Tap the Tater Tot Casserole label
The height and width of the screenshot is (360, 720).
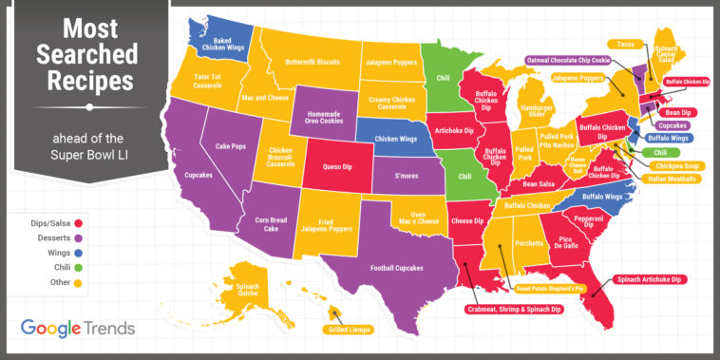click(x=215, y=80)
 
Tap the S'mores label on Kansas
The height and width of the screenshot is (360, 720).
click(x=407, y=176)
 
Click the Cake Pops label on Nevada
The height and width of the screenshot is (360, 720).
click(x=231, y=146)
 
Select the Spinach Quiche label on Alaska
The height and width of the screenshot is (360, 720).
click(x=247, y=290)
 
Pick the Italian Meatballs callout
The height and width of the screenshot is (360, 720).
click(x=672, y=178)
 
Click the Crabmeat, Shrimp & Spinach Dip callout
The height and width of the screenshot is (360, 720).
click(x=514, y=309)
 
